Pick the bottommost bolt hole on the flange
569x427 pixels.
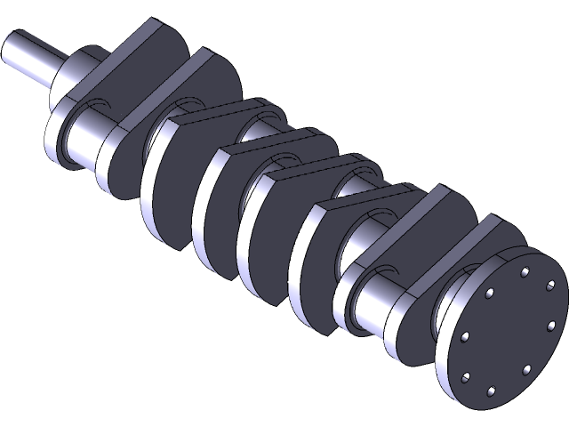(490, 390)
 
